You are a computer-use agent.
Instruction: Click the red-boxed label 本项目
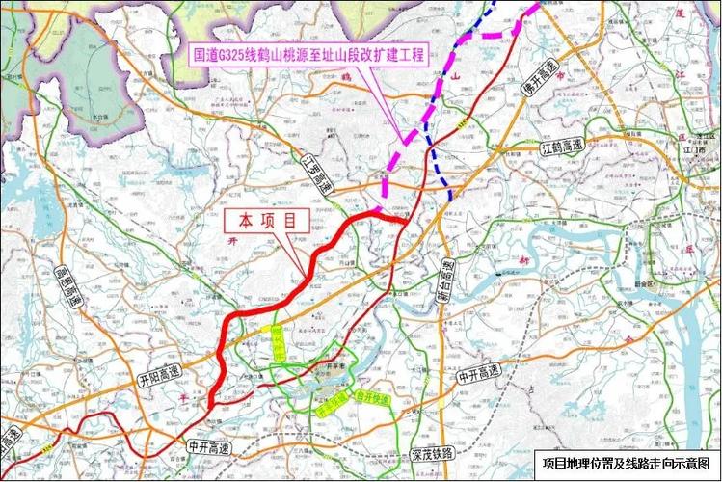coord(268,221)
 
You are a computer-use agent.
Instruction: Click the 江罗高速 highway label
coord(314,173)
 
